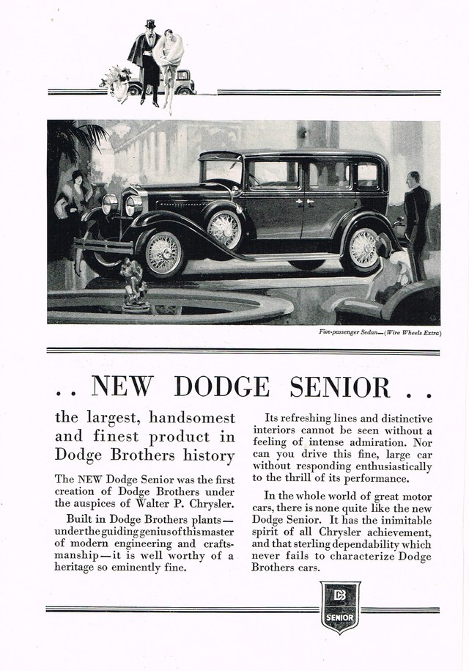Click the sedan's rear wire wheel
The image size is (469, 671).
click(363, 249)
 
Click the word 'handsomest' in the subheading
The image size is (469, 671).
click(193, 419)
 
